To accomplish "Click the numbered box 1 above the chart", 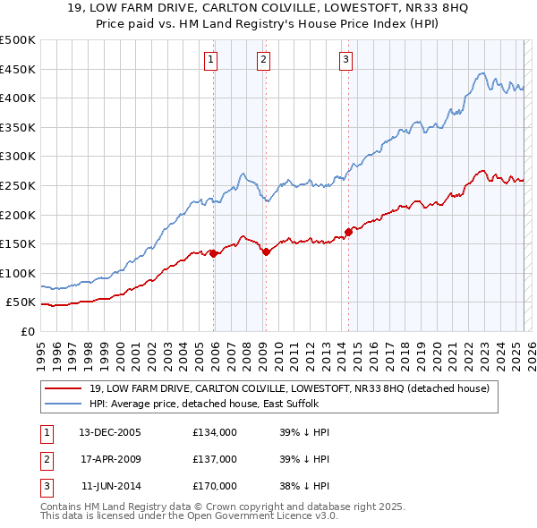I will (x=210, y=60).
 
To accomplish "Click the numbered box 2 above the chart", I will (x=264, y=60).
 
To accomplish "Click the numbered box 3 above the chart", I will (x=345, y=60).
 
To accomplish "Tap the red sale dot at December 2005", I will (x=215, y=253).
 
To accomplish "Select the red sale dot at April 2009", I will (x=267, y=251).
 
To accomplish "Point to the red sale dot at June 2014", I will (x=348, y=233).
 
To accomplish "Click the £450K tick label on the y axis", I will (x=18, y=69).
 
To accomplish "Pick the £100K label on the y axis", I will (x=18, y=273).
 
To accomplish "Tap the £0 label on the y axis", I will (x=28, y=331).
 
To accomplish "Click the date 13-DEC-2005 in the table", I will (x=110, y=432).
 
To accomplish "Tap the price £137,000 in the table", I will (x=215, y=459).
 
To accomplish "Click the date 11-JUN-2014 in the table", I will (x=111, y=486).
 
